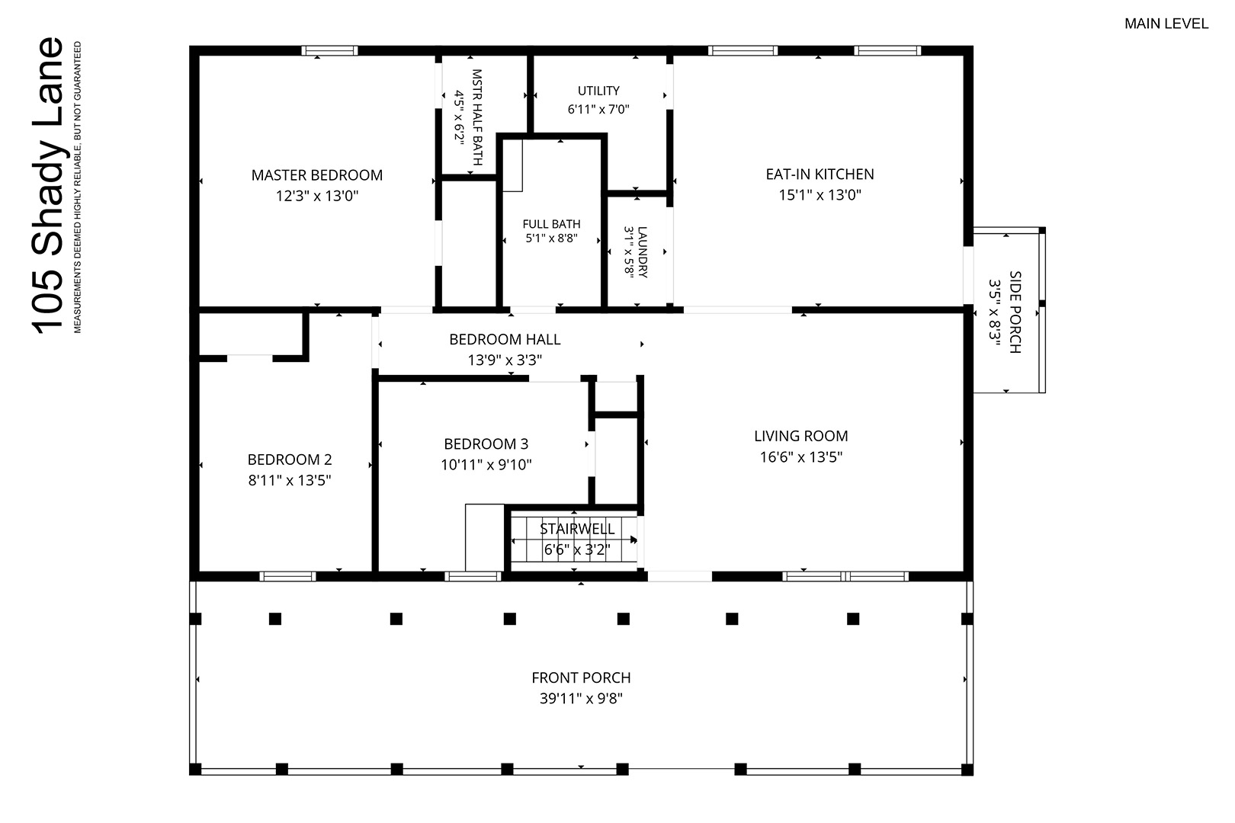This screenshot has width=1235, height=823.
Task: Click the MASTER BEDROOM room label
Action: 317,175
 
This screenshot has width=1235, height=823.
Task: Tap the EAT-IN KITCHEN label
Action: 820,175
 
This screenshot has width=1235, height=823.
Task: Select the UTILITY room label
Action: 598,91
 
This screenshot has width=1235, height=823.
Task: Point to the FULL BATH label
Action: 551,224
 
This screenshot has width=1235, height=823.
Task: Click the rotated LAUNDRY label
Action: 643,252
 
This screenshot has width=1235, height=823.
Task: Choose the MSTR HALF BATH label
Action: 477,117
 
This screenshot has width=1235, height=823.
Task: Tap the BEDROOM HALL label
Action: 505,340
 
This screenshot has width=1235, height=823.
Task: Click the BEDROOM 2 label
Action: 290,460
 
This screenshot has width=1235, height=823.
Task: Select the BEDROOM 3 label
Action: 486,444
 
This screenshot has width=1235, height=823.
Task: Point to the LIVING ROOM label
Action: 801,436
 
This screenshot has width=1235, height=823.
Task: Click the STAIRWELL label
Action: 576,529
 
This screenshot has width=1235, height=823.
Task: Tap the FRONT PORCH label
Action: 581,677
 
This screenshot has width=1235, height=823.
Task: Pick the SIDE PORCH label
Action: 1015,312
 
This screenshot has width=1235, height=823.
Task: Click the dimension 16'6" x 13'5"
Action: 801,457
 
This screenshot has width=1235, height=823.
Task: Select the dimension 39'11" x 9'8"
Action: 581,699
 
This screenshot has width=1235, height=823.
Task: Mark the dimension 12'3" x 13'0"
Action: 317,196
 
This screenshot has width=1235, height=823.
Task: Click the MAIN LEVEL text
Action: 1166,24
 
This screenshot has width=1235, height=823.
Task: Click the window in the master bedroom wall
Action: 329,51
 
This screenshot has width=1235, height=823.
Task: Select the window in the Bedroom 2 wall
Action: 288,577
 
